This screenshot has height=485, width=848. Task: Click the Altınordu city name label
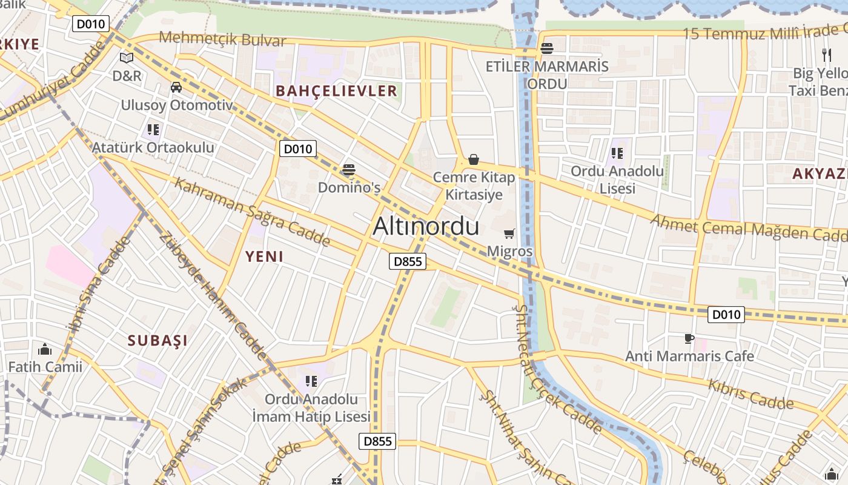tap(426, 226)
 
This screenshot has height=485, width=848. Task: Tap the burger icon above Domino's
tap(348, 170)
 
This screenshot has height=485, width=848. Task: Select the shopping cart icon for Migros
tap(509, 233)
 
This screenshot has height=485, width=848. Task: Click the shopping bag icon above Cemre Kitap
tap(474, 159)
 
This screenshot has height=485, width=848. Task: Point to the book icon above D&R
tap(127, 58)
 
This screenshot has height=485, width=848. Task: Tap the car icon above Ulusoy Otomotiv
tap(176, 87)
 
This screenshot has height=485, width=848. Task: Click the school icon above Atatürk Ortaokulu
tap(153, 130)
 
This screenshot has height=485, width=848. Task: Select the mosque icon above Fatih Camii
tap(45, 349)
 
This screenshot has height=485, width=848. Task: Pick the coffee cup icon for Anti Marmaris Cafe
tap(689, 338)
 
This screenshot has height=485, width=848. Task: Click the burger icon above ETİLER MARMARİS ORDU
tap(547, 48)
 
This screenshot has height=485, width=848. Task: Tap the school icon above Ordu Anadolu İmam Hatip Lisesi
tap(311, 381)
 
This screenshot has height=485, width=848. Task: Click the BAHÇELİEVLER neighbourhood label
tap(336, 92)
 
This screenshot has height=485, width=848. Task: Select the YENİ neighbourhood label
tap(265, 256)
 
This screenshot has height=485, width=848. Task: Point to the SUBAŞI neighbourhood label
tap(157, 341)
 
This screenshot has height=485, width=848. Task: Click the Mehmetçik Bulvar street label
tap(222, 40)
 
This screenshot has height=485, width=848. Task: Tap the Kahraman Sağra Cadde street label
tap(252, 212)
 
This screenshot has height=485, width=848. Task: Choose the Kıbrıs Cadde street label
tap(750, 394)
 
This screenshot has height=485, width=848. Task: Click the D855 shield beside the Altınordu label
tap(408, 262)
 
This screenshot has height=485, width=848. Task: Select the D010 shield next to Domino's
tap(298, 149)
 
